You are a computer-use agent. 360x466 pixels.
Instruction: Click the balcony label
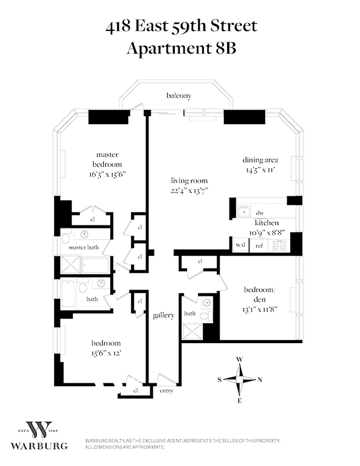pyautogui.click(x=178, y=96)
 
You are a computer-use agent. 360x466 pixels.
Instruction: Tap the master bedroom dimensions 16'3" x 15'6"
pyautogui.click(x=107, y=174)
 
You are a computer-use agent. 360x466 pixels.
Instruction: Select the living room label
pyautogui.click(x=189, y=181)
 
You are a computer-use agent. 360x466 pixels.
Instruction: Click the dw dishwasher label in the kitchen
pyautogui.click(x=260, y=213)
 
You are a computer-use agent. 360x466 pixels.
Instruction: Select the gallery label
pyautogui.click(x=164, y=316)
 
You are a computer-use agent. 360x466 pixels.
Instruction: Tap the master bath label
pyautogui.click(x=85, y=248)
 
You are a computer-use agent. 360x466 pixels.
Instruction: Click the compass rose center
pyautogui.click(x=239, y=379)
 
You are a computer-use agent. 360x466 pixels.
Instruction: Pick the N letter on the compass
pyautogui.click(x=260, y=380)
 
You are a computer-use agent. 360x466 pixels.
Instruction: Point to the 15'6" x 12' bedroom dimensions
pyautogui.click(x=105, y=353)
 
